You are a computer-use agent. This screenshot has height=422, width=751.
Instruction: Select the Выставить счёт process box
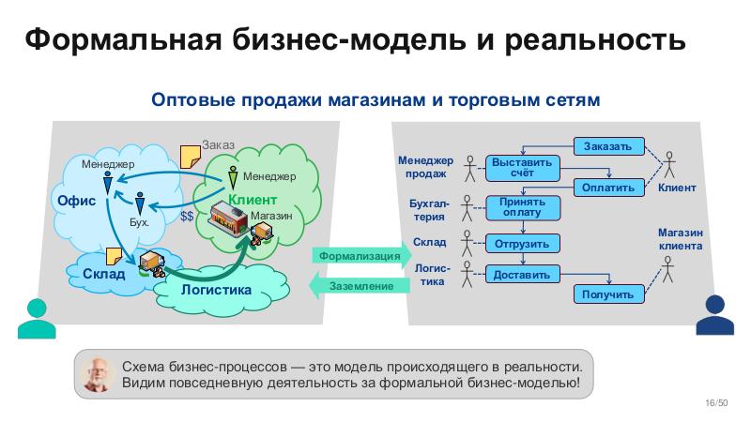click(x=523, y=168)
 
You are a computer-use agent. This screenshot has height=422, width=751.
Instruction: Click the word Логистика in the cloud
click(x=216, y=290)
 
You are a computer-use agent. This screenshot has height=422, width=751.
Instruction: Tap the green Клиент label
click(x=253, y=200)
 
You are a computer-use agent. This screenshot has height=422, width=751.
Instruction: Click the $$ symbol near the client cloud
click(x=187, y=216)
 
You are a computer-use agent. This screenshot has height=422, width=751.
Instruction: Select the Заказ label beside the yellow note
click(x=218, y=146)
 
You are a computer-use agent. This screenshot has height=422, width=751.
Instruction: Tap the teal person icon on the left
click(x=37, y=317)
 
